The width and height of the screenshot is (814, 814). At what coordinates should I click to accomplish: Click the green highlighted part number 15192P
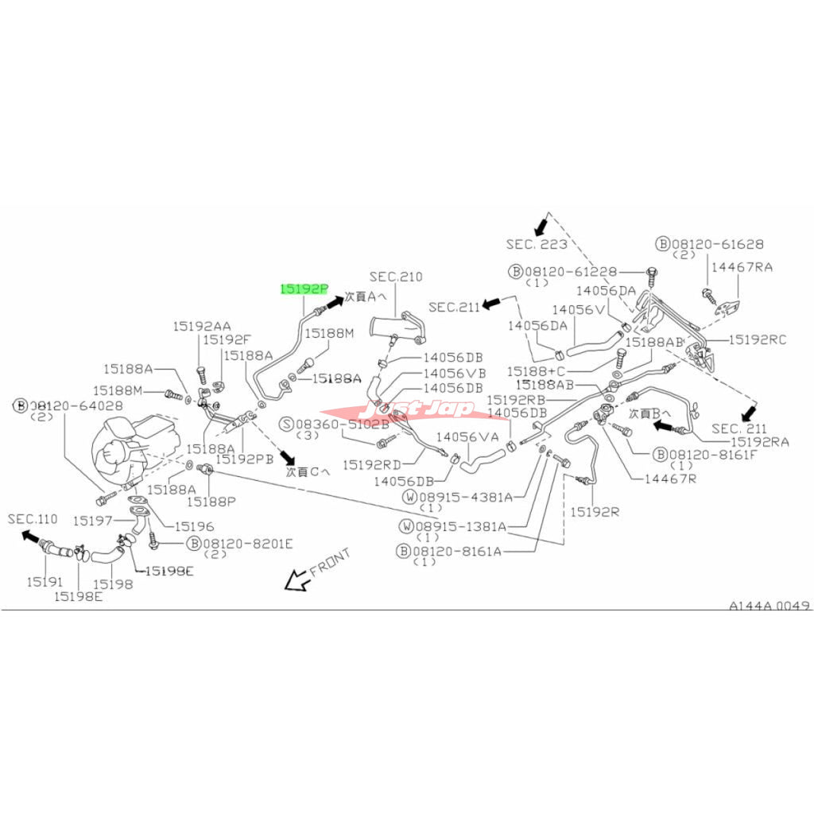(302, 289)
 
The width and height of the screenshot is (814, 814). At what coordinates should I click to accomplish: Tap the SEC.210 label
(396, 277)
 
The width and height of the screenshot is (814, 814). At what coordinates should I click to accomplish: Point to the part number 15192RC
(758, 339)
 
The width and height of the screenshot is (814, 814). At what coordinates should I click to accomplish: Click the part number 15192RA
(760, 441)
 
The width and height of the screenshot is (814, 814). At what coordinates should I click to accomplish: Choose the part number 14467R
(670, 479)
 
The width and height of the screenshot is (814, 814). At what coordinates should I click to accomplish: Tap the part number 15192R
(594, 512)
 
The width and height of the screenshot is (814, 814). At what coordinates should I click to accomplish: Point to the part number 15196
(194, 525)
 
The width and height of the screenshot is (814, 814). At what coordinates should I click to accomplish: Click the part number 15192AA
(202, 326)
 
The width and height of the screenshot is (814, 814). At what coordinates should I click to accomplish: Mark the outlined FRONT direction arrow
(298, 581)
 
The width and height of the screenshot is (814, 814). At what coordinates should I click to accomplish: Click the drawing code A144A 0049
(769, 606)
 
